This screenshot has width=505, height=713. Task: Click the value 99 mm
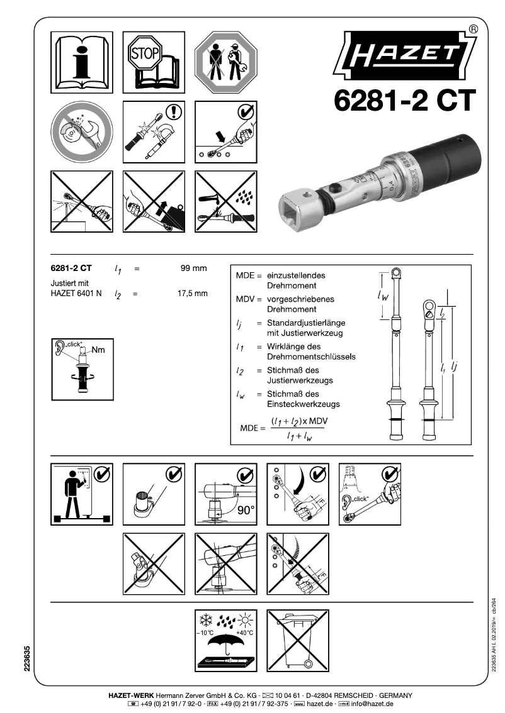(x=193, y=269)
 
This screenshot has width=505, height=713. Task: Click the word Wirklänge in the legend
(x=289, y=346)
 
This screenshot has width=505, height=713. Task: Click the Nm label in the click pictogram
(x=98, y=349)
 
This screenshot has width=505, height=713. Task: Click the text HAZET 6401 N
(x=76, y=294)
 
